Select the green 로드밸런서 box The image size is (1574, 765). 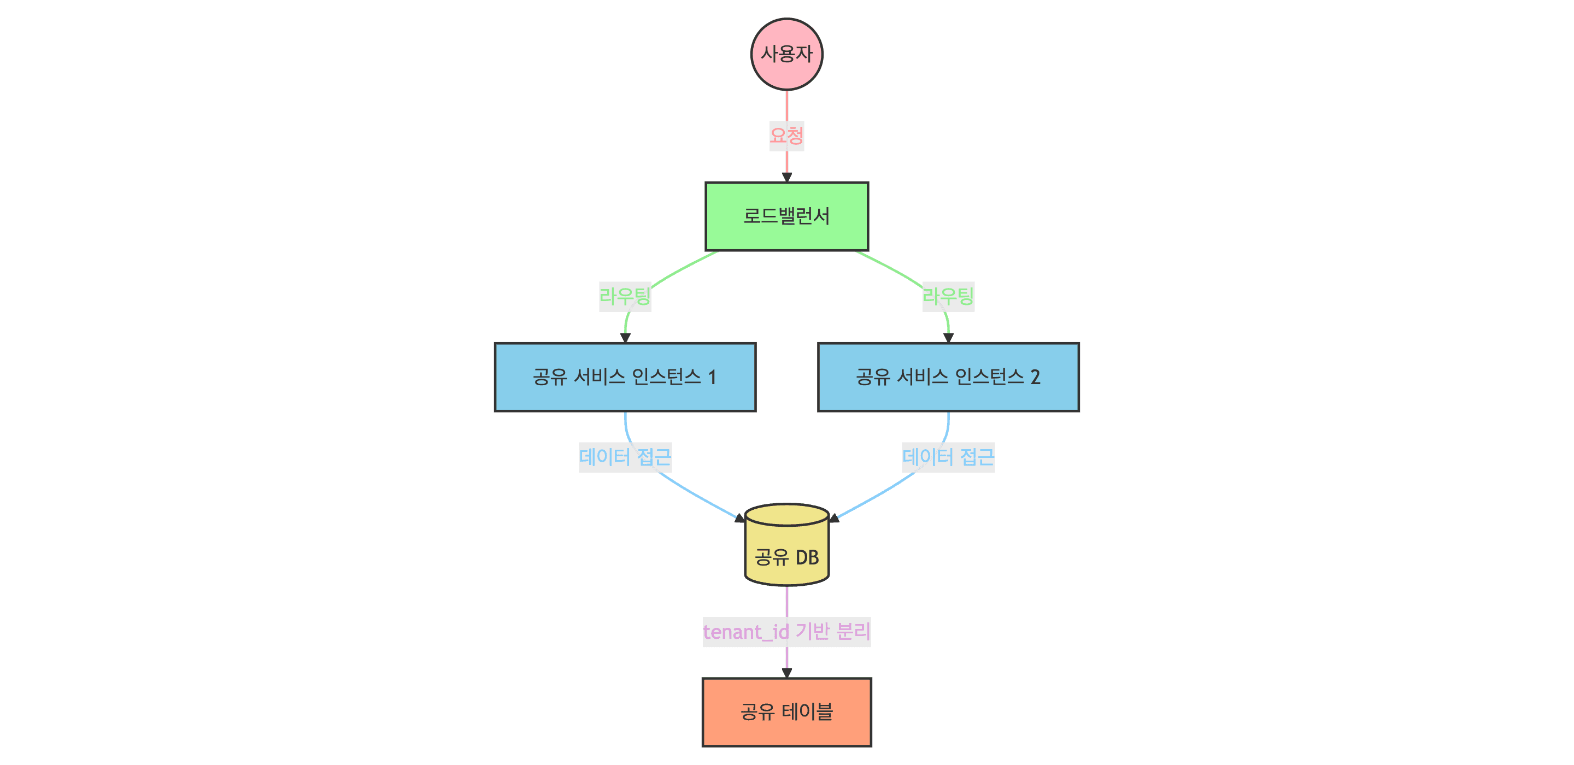pos(786,216)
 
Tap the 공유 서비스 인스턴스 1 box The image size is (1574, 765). pos(625,377)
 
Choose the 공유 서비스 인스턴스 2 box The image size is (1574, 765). pos(948,377)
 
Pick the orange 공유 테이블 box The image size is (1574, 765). pos(786,712)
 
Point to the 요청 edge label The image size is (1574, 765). pos(786,136)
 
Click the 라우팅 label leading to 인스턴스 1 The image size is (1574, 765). pos(625,296)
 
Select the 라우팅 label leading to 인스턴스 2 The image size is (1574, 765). pos(948,296)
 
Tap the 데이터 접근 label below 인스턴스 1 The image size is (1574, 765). pos(625,457)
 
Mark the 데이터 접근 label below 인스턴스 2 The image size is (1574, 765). pos(948,457)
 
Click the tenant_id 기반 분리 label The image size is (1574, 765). pos(786,631)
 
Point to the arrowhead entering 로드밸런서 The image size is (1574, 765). pos(786,177)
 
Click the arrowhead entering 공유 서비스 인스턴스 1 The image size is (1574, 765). pos(625,338)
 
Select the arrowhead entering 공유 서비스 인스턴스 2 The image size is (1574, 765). pos(948,338)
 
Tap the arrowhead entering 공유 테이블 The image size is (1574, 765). pos(786,673)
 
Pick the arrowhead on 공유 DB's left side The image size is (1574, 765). pos(740,518)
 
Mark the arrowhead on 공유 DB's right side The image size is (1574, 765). pos(834,518)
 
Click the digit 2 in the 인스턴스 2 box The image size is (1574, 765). pos(1035,377)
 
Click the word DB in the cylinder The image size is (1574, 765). pos(807,557)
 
